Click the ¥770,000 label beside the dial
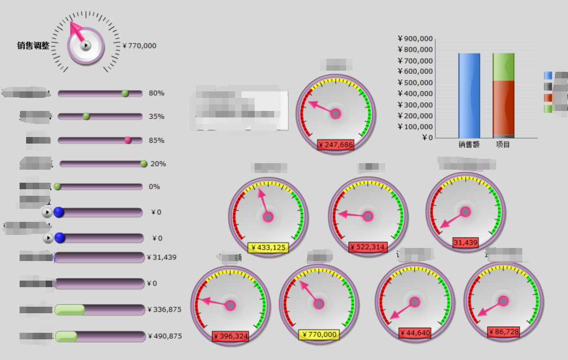(x=139, y=46)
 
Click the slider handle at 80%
(x=125, y=94)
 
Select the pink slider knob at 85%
(x=128, y=140)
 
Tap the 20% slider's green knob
(x=144, y=164)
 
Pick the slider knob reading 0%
(x=58, y=187)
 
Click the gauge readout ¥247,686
(x=336, y=145)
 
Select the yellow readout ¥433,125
(x=268, y=247)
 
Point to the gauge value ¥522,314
(x=368, y=247)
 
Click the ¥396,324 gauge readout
(x=230, y=336)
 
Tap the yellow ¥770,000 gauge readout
(x=319, y=334)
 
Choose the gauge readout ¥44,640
(x=415, y=333)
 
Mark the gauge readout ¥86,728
(x=503, y=332)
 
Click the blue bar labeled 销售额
(x=469, y=95)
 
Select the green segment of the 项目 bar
(x=503, y=67)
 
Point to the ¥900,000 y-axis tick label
(x=416, y=39)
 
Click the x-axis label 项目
(x=503, y=145)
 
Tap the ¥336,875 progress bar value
(x=164, y=309)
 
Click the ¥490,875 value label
(x=164, y=336)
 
